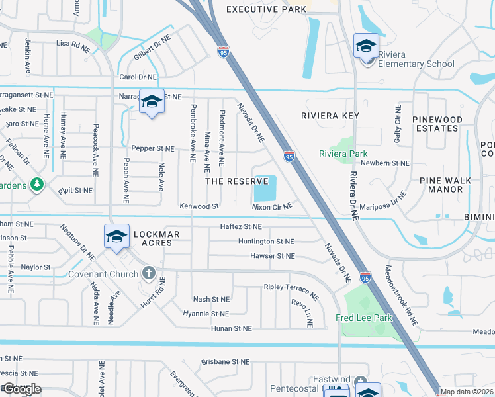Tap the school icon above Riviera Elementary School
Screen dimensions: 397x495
click(x=366, y=46)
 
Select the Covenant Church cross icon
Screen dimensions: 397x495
click(x=149, y=273)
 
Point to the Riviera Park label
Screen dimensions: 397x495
click(x=343, y=154)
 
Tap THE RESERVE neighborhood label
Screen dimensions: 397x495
click(x=236, y=181)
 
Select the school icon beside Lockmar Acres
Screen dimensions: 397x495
click(x=116, y=237)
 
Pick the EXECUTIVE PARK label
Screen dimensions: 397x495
click(x=267, y=9)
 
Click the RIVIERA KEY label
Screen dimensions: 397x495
click(x=330, y=116)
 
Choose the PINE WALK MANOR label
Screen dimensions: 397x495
click(x=445, y=185)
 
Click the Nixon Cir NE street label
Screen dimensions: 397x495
click(x=272, y=207)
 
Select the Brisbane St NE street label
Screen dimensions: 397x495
click(x=226, y=362)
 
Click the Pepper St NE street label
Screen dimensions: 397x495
click(x=152, y=149)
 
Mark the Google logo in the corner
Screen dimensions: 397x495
click(x=21, y=388)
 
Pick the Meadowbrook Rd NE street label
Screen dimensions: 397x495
click(x=402, y=295)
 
